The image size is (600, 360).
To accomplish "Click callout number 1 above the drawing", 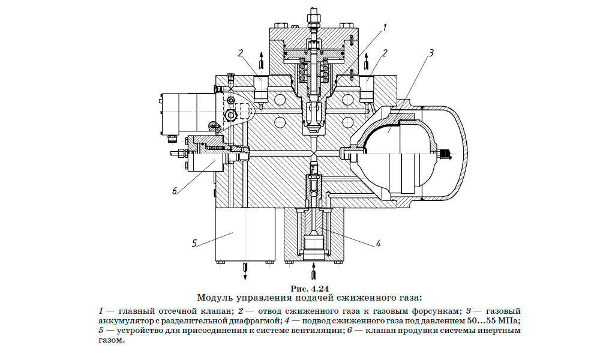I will pos(385,27).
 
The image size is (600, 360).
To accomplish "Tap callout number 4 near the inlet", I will pos(379,244).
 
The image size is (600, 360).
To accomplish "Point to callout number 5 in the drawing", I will pos(194,243).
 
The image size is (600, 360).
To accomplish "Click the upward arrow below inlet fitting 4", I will pos(314,274).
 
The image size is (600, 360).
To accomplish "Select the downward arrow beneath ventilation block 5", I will pos(245,271).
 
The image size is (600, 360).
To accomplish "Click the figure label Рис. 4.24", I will pos(310,288).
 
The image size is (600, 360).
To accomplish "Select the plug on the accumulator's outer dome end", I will pos(446,154).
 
